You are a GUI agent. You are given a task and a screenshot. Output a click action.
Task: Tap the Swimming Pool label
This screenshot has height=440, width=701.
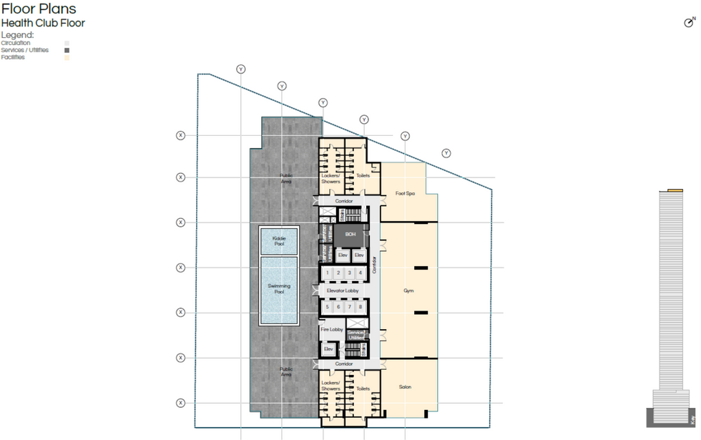[279, 289]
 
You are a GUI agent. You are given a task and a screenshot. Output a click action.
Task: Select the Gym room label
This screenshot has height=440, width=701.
[408, 291]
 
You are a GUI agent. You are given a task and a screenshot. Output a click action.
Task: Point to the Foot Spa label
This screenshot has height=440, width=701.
[406, 193]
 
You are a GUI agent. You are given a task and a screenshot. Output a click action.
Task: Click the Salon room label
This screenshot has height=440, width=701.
[405, 387]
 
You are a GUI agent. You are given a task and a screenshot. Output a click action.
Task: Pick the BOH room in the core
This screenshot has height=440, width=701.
[350, 234]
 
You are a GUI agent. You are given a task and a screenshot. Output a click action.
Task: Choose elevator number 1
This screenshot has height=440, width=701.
[328, 273]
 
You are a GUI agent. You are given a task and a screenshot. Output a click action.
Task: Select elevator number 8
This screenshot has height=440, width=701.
[361, 307]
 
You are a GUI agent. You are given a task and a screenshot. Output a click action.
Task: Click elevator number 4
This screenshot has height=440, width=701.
[361, 273]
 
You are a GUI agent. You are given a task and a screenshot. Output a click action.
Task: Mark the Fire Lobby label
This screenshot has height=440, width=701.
[332, 330]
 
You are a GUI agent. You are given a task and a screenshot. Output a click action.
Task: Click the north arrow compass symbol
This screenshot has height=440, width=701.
[689, 22]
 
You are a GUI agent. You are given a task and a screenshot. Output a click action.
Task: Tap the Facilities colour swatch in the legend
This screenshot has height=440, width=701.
[67, 57]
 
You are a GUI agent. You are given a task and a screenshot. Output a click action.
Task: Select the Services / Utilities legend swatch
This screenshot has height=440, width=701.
[67, 50]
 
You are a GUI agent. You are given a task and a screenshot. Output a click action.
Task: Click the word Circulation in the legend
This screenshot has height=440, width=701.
[16, 43]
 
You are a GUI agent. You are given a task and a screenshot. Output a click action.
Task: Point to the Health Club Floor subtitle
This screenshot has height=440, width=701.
[43, 23]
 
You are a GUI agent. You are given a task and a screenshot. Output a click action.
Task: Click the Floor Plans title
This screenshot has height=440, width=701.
[39, 9]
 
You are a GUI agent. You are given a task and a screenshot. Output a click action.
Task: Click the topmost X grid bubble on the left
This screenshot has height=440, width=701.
[180, 135]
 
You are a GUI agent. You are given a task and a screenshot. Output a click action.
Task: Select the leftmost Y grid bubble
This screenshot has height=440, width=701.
[241, 69]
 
